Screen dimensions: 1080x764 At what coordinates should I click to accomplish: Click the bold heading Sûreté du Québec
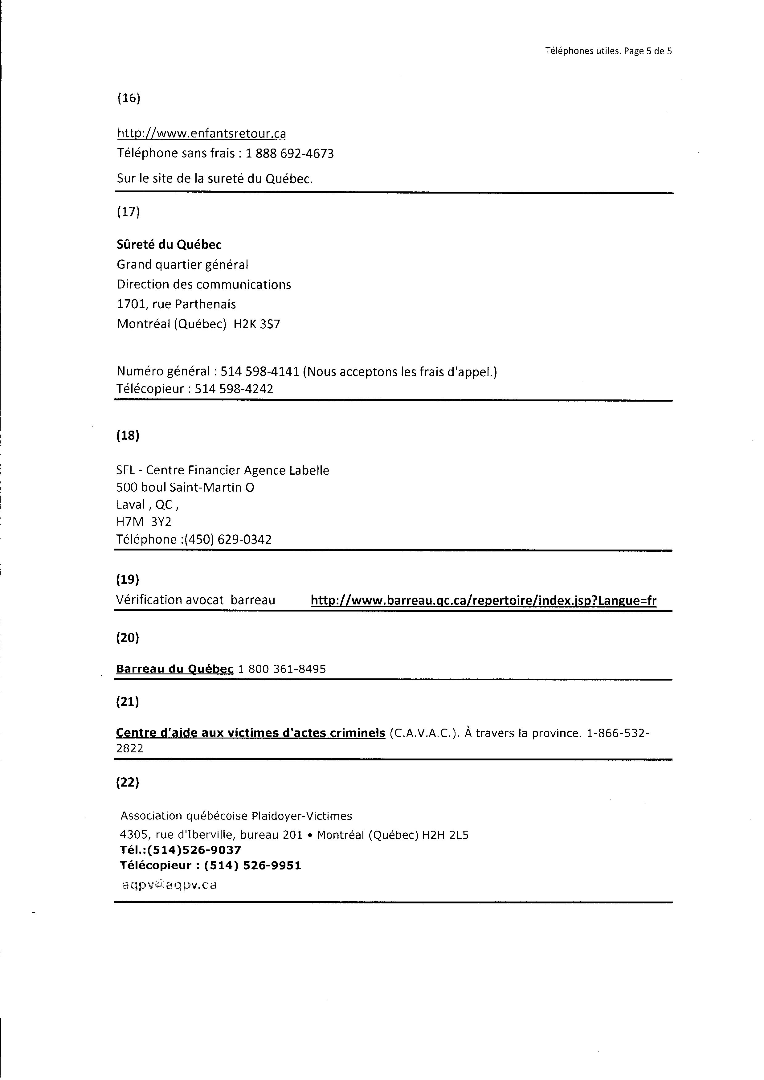[x=171, y=248]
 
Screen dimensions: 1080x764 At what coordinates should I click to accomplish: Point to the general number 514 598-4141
[x=264, y=378]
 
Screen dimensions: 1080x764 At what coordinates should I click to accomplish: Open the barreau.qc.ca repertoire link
[x=491, y=610]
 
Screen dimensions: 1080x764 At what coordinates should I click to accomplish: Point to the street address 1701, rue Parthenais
[x=179, y=309]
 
